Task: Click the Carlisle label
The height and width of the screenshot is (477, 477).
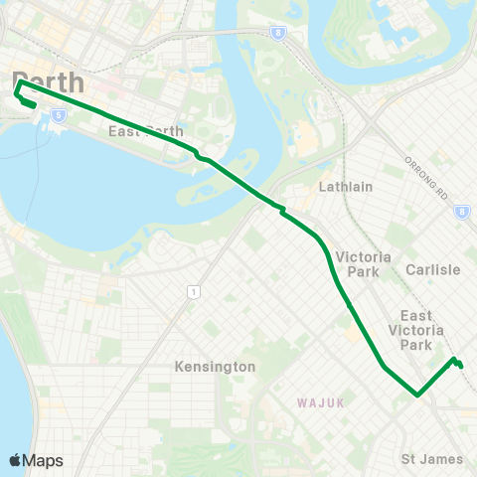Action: [x=433, y=269]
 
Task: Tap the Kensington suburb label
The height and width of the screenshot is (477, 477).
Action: [x=216, y=367]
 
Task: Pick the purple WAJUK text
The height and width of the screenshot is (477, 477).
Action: [x=317, y=402]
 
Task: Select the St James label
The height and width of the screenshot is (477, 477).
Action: [x=432, y=458]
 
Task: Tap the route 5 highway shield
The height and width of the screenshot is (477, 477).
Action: [x=60, y=116]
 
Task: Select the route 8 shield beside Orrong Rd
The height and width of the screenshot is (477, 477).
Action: [x=461, y=212]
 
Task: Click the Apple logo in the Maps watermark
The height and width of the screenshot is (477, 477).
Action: [x=16, y=460]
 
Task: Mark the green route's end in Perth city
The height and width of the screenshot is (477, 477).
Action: [x=35, y=104]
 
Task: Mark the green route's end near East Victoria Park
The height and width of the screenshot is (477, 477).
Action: [x=461, y=367]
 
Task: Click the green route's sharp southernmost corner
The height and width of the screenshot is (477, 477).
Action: [x=417, y=395]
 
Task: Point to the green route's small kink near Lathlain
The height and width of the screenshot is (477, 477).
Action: [x=283, y=210]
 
